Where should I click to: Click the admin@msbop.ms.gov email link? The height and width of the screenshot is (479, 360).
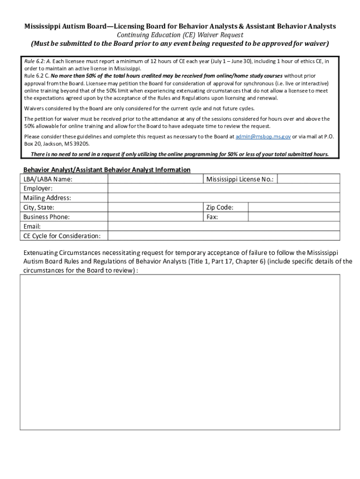click(x=263, y=137)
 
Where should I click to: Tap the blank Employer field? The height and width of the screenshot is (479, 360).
click(x=223, y=189)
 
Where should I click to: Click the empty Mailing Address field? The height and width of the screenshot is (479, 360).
click(x=223, y=198)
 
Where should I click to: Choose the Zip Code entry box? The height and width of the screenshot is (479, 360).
click(x=294, y=207)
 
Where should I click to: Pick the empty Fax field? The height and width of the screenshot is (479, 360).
click(x=294, y=217)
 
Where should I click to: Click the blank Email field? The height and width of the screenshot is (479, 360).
click(x=223, y=226)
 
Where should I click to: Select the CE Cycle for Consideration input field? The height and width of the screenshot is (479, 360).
click(x=223, y=236)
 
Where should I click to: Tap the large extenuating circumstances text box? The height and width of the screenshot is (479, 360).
click(x=180, y=352)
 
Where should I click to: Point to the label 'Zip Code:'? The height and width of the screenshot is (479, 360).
click(x=220, y=207)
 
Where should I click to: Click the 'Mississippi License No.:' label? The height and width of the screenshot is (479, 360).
click(x=240, y=179)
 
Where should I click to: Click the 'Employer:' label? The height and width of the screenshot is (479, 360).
click(x=38, y=189)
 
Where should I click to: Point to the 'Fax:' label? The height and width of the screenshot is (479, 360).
click(x=212, y=217)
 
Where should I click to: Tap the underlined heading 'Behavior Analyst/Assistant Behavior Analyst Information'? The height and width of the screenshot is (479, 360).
click(x=107, y=169)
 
